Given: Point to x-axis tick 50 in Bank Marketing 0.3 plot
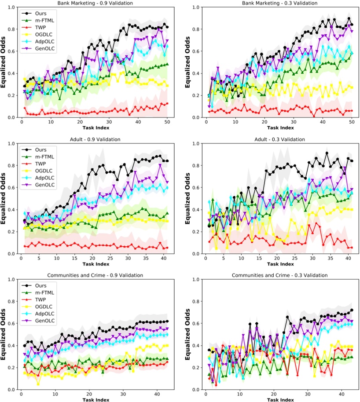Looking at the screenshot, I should click(x=352, y=122).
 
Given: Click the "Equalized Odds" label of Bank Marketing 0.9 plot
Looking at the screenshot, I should click(x=4, y=62).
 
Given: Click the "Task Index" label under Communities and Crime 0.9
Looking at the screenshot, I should click(x=98, y=399).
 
